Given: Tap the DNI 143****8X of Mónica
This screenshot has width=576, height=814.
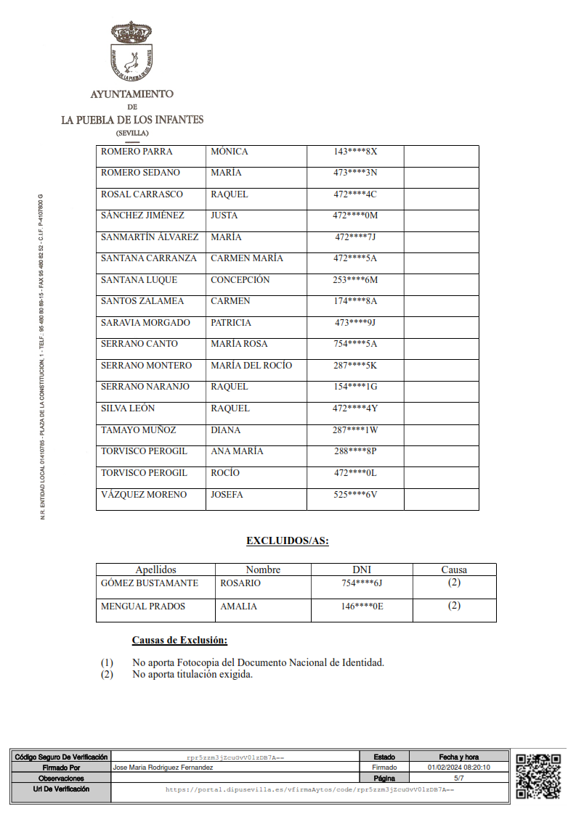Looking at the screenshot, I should (356, 152).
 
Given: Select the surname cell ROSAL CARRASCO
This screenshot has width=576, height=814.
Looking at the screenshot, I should (142, 194).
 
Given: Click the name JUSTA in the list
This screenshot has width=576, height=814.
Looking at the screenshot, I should (224, 215).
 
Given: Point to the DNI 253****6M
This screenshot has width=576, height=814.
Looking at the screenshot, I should (356, 280).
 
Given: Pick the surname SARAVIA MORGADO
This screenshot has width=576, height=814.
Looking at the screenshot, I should (145, 323).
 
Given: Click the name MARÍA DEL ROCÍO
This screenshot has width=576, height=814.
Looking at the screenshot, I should (251, 366).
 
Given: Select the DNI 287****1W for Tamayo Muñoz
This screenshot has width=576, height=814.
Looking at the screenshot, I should (356, 430).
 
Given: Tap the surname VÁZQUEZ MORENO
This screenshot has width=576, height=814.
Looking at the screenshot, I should (143, 495).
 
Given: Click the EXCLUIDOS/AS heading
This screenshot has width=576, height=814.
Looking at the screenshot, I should (288, 540).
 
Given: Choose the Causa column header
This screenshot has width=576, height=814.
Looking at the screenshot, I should (454, 570).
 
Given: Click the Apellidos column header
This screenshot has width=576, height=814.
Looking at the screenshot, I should (155, 570).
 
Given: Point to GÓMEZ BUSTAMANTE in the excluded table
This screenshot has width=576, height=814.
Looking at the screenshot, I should (149, 583).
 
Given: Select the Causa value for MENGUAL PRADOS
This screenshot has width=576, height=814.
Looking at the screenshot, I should (454, 606).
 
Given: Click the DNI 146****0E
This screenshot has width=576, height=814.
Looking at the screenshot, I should (362, 607).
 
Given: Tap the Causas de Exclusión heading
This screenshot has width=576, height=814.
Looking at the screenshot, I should (179, 641).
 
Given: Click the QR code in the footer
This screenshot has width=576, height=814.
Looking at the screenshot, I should (538, 776).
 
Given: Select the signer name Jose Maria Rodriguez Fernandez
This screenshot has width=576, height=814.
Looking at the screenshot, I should (163, 768).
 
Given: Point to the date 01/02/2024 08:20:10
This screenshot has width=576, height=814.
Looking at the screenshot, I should (459, 768).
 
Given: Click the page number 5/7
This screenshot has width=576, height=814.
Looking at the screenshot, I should (459, 778).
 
